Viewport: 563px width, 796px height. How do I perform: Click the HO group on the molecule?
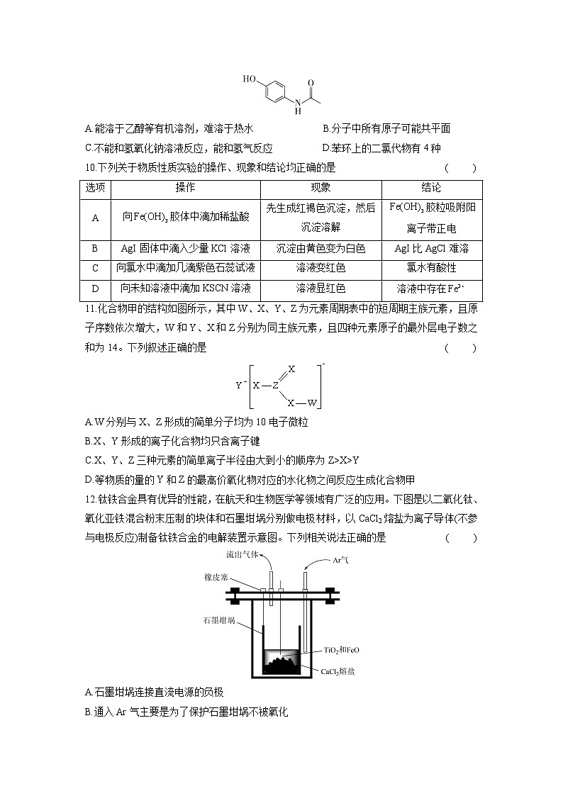pos(250,79)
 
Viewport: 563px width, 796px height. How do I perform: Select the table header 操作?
pos(185,189)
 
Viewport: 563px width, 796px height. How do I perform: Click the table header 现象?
pos(320,189)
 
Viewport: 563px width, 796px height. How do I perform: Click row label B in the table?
pos(95,249)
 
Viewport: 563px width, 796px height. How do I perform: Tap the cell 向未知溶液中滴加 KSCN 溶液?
pos(185,288)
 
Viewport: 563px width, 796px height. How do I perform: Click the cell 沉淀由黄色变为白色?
pos(320,249)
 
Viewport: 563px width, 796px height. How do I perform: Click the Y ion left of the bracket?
pos(240,386)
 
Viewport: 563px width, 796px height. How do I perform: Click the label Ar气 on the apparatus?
pos(342,560)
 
